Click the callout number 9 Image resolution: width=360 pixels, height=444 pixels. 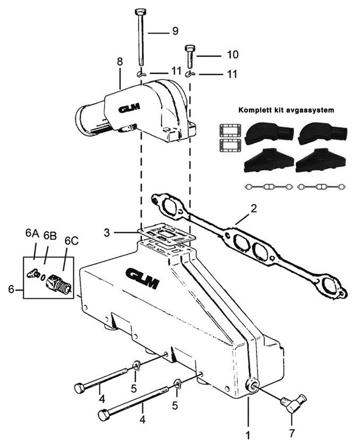click(175, 31)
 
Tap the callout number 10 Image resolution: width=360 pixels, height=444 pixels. click(233, 55)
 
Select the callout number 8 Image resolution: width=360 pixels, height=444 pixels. click(120, 62)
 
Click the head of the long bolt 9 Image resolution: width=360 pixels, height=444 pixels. click(140, 13)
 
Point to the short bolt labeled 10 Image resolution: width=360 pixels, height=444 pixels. click(190, 57)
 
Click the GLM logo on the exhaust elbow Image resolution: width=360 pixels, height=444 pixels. click(129, 108)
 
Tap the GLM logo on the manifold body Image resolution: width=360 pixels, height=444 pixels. click(143, 279)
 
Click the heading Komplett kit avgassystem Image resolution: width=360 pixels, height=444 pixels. click(286, 110)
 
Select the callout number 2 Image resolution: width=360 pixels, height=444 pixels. click(254, 209)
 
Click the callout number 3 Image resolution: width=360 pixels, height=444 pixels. click(106, 233)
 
